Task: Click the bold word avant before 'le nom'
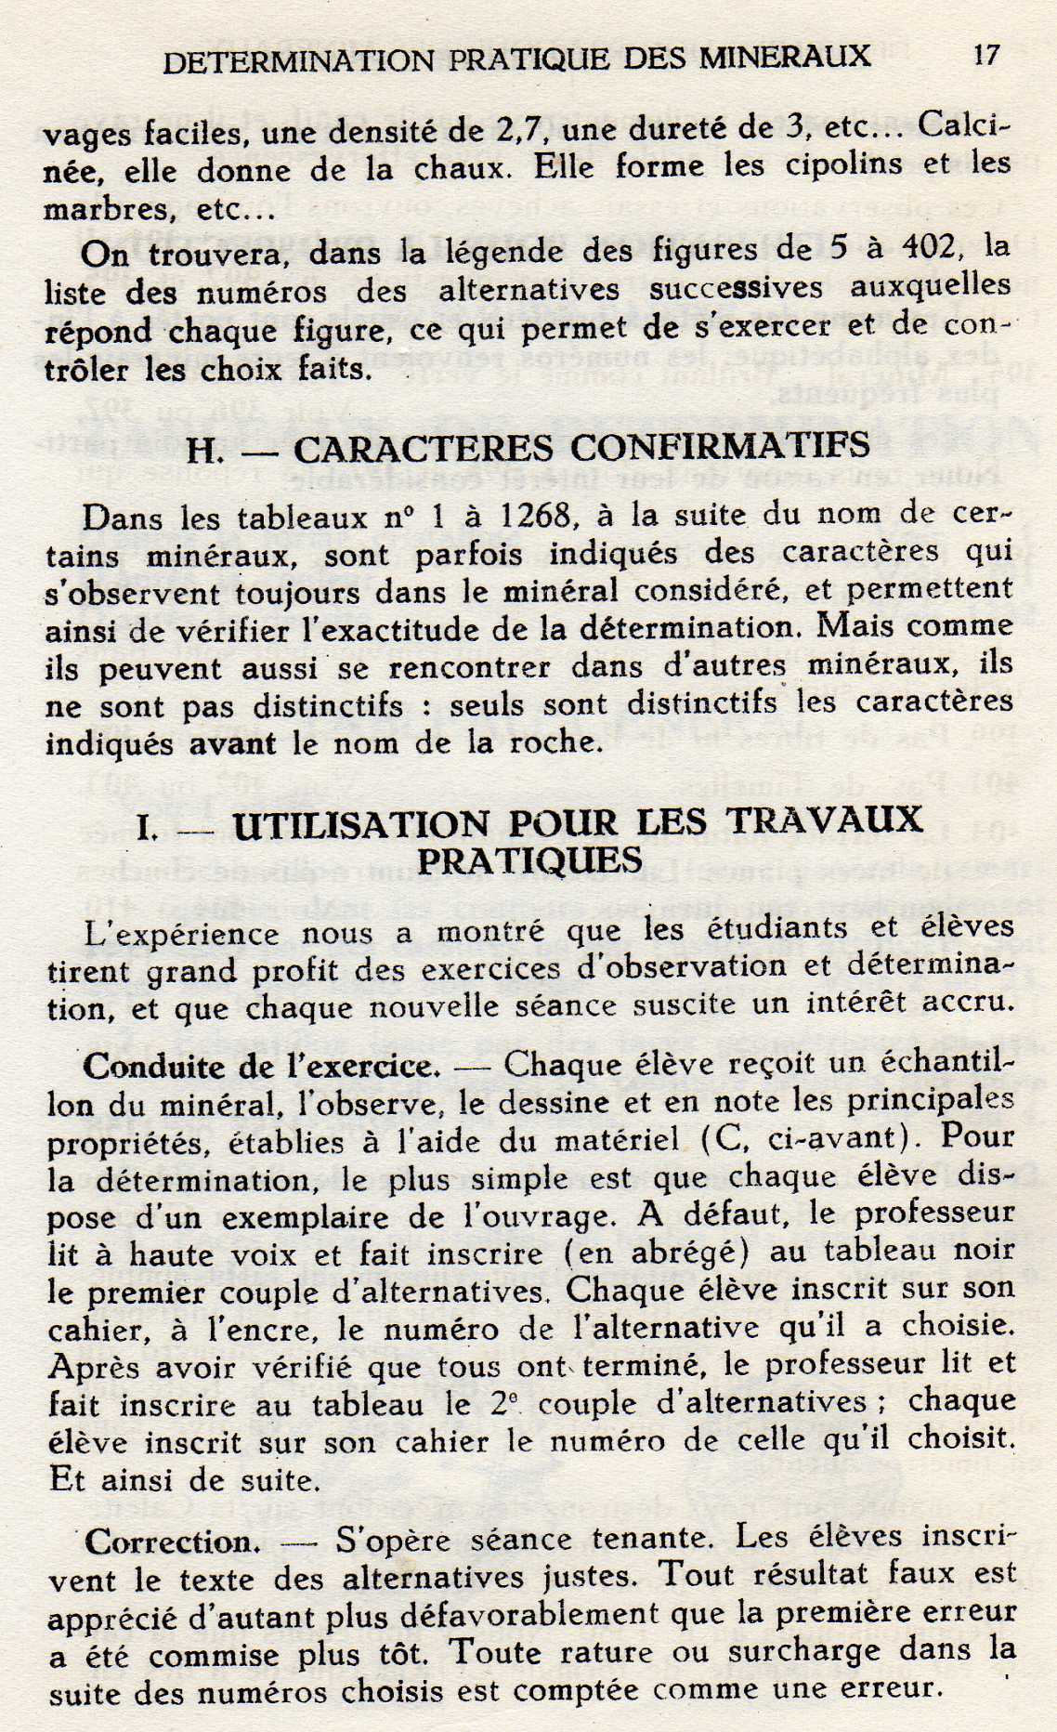[x=232, y=743]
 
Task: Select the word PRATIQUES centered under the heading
[x=529, y=860]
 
